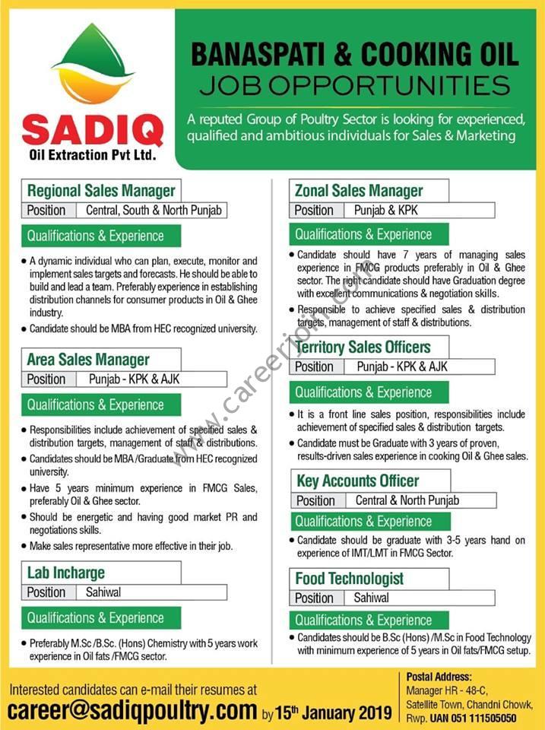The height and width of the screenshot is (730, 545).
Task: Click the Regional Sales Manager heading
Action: tap(101, 191)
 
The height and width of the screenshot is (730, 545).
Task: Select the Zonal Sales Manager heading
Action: tap(359, 191)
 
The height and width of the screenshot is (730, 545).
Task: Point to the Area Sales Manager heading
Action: tap(88, 360)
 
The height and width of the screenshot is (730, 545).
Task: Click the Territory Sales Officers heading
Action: tap(363, 348)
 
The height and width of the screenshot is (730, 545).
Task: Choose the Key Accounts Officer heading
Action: tap(356, 481)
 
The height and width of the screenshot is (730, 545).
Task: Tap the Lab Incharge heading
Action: tap(66, 573)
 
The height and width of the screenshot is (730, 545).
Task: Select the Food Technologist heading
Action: tap(349, 579)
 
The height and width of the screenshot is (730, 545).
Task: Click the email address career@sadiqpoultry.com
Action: tap(132, 710)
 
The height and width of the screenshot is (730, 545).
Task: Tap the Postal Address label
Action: tap(439, 676)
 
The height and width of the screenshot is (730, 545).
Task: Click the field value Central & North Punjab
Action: tap(407, 500)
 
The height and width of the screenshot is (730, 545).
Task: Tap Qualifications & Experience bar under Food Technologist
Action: tap(363, 620)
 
